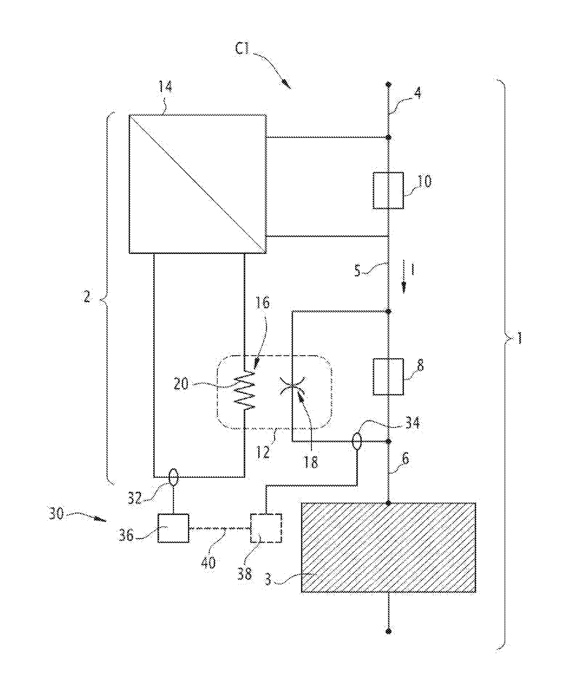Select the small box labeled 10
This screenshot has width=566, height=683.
tap(388, 190)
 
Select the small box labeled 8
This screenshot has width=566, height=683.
tap(388, 376)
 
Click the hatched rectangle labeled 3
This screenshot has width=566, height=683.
tap(388, 548)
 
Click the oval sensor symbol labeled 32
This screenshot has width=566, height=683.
tap(173, 477)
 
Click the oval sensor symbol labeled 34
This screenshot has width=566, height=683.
tap(357, 441)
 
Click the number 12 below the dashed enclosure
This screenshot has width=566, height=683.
tap(263, 452)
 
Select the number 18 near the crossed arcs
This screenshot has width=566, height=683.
tap(310, 462)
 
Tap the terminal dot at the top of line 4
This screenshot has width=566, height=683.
tap(388, 85)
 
